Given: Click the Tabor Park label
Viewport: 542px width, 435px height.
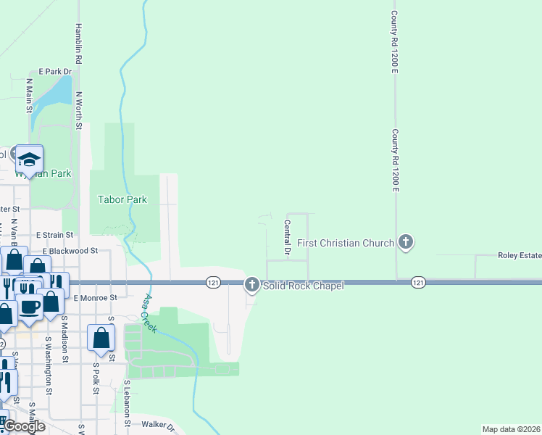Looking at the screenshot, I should pos(122,199).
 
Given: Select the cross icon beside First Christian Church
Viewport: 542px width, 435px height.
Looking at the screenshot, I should pos(406,242).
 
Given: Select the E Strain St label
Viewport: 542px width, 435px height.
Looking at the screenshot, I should pos(54,235).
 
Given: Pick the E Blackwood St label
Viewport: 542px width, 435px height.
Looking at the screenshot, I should pos(70,251).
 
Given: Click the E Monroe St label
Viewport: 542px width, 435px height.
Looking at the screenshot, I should pos(95,297).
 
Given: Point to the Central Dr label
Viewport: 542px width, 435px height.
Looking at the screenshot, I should pos(287,239).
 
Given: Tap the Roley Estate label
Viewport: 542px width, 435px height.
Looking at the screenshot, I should pos(519,255).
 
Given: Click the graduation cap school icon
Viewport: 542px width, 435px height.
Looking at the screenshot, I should pos(30,158).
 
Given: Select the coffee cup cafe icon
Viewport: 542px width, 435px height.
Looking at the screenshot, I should pos(30,306).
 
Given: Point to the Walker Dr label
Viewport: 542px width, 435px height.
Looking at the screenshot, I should pos(159,426).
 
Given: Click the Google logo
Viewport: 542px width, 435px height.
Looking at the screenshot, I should pos(25,426).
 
